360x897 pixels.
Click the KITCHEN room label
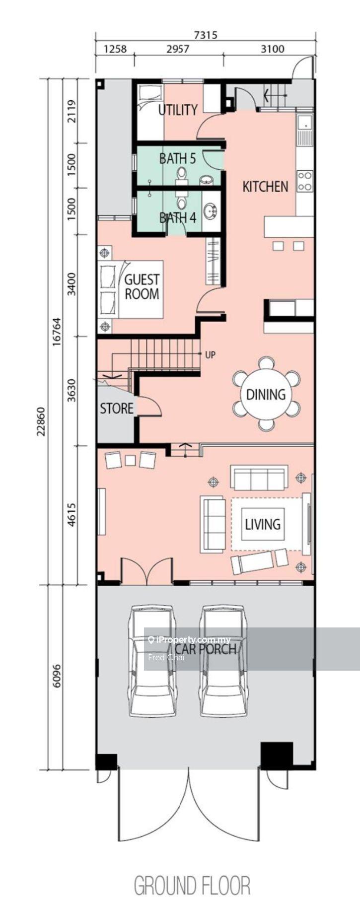265,187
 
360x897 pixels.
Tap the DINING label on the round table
266,394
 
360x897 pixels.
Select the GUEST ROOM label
142,287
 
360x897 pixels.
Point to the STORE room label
117,408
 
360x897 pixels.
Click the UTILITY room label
178,110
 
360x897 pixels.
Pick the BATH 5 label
177,159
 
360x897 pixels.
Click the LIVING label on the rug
263,524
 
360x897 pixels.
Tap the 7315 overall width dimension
206,35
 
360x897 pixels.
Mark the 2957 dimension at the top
177,49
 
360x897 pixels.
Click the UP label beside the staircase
210,355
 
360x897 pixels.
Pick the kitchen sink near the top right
304,127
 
